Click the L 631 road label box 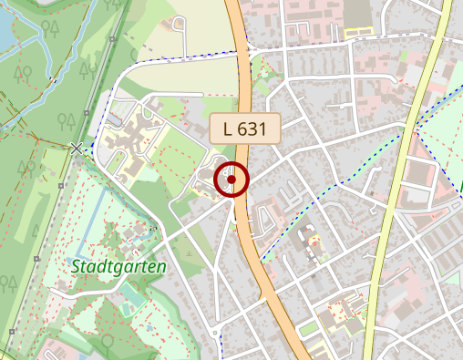point(244,129)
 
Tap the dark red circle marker point(231,180)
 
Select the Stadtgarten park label point(118,267)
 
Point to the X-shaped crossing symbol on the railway point(77,148)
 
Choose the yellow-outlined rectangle point(360,33)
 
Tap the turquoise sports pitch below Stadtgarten point(134,296)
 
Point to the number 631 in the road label point(252,129)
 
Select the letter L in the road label point(226,129)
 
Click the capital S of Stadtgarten point(77,267)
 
